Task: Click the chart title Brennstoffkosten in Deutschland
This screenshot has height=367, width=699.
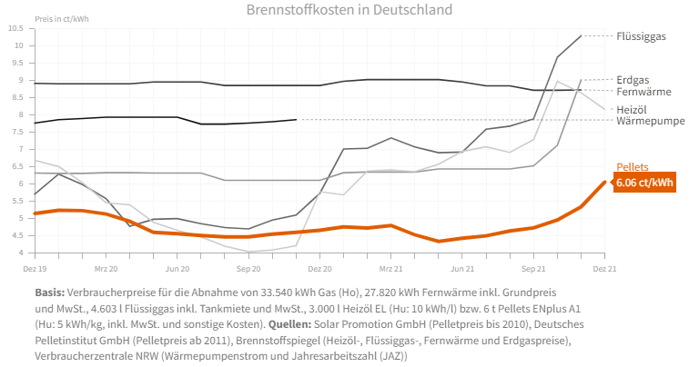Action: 349,10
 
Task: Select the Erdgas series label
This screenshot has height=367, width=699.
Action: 635,79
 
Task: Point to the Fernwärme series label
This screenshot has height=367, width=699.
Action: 643,92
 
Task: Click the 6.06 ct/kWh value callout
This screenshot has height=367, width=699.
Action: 644,183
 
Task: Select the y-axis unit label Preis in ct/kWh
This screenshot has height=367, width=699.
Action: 61,18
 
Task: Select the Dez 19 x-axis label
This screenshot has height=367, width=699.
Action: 35,270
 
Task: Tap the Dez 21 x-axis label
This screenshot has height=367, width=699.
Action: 605,270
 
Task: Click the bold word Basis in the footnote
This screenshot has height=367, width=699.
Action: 50,293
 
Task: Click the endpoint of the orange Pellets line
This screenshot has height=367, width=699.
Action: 605,182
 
